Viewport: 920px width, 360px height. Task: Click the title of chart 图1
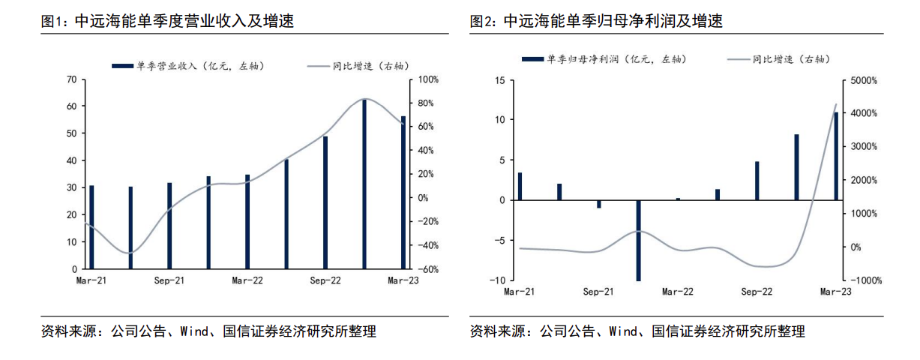168,22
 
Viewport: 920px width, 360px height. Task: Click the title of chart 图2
596,22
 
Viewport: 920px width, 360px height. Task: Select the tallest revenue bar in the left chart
364,183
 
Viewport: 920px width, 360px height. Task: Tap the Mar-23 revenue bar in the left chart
403,192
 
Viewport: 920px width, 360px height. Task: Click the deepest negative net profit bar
638,240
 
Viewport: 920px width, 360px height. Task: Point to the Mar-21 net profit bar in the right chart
520,186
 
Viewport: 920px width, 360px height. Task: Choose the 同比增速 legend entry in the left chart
360,66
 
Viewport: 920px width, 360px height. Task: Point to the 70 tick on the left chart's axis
72,79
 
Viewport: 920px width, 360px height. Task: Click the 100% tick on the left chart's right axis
427,79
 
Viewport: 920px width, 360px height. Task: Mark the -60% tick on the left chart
427,268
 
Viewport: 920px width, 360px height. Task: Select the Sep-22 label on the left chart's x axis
325,280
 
